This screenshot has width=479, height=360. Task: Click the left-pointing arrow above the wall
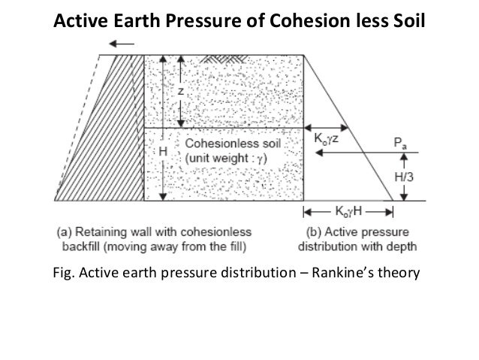coord(125,44)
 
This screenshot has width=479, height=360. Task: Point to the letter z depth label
coord(180,90)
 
